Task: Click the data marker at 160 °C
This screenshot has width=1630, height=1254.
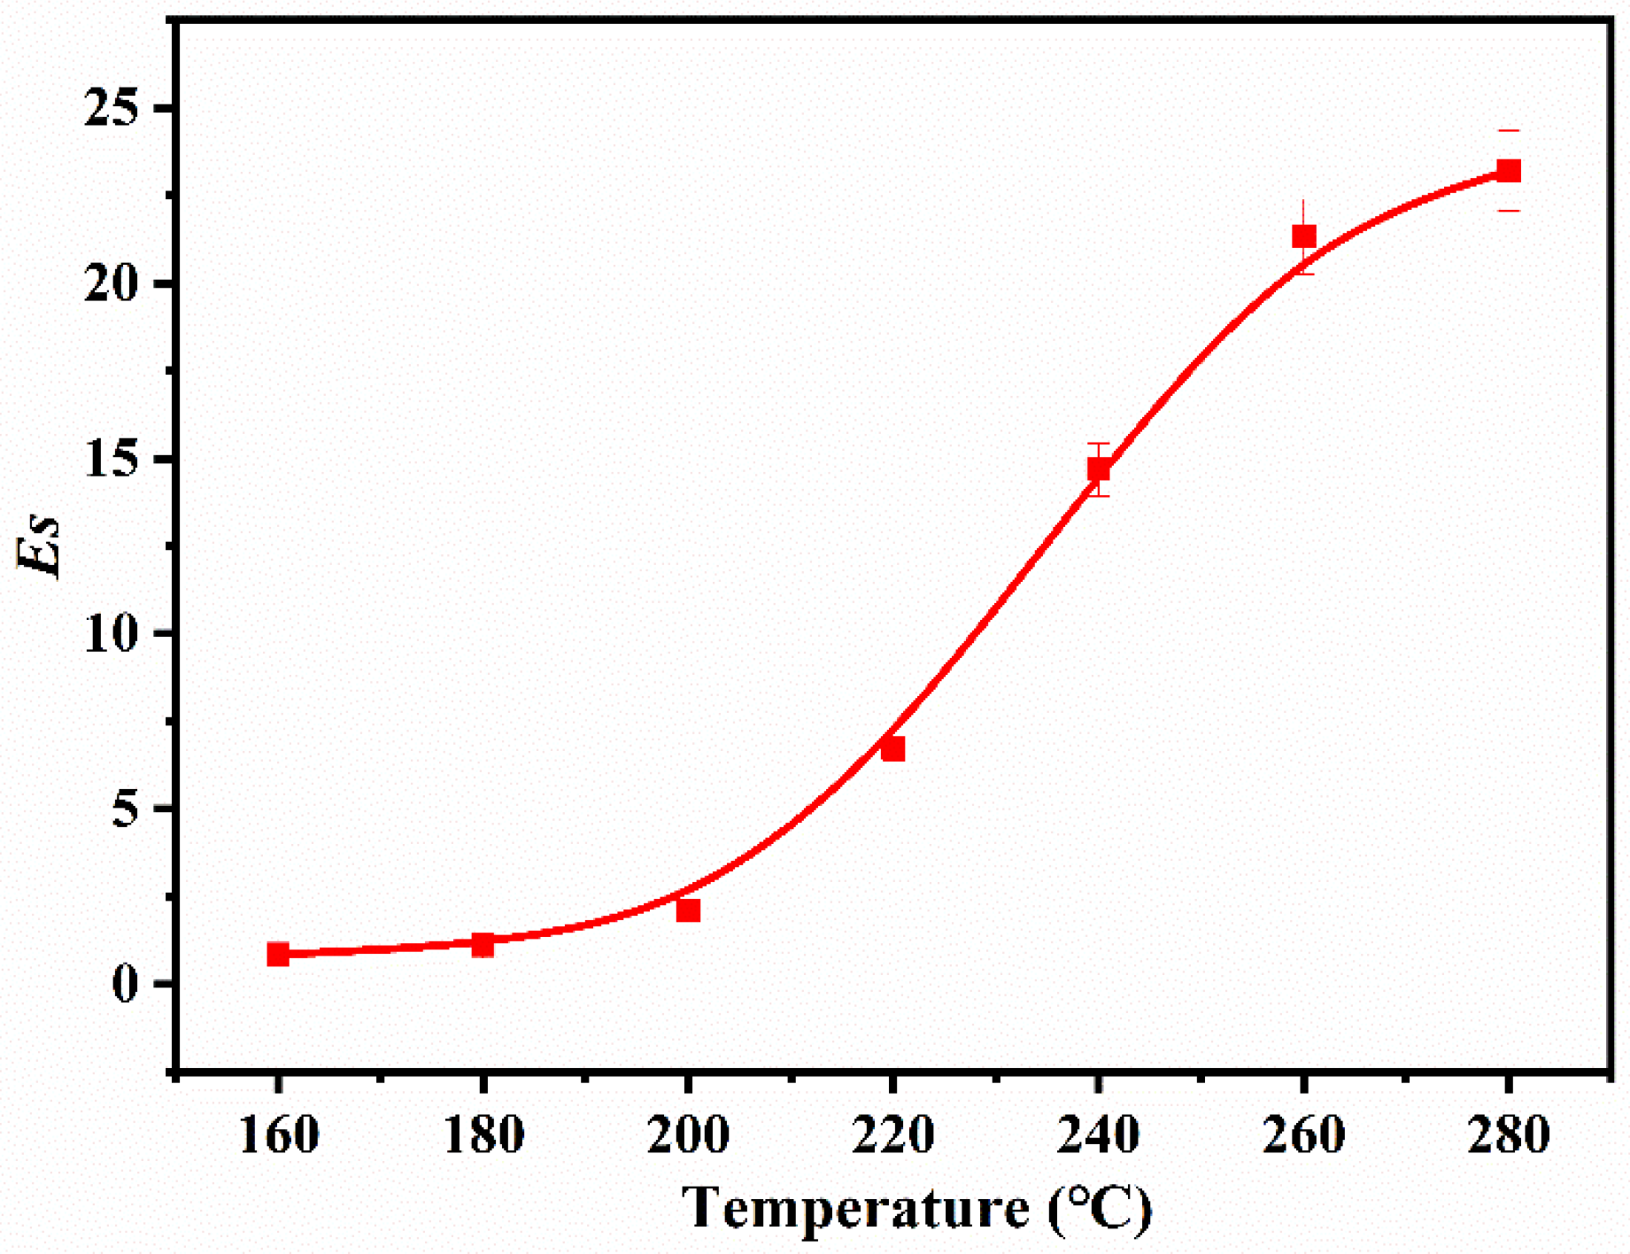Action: pyautogui.click(x=278, y=954)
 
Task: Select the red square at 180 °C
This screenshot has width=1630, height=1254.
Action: pyautogui.click(x=483, y=945)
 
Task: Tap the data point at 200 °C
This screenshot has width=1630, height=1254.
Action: pyautogui.click(x=688, y=910)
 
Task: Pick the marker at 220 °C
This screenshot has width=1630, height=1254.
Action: pyautogui.click(x=892, y=749)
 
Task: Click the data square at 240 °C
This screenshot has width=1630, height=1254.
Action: pyautogui.click(x=1099, y=469)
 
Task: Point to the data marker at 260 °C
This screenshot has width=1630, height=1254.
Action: pyautogui.click(x=1303, y=236)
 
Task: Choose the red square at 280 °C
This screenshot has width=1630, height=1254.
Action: pyautogui.click(x=1509, y=171)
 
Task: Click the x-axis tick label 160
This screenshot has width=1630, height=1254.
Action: pyautogui.click(x=278, y=1135)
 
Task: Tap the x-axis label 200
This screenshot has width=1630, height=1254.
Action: pyautogui.click(x=688, y=1135)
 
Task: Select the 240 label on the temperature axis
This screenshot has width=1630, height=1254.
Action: pyautogui.click(x=1098, y=1135)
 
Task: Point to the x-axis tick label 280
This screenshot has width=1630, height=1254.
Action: pyautogui.click(x=1509, y=1135)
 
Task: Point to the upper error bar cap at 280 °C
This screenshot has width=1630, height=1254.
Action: pyautogui.click(x=1509, y=131)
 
